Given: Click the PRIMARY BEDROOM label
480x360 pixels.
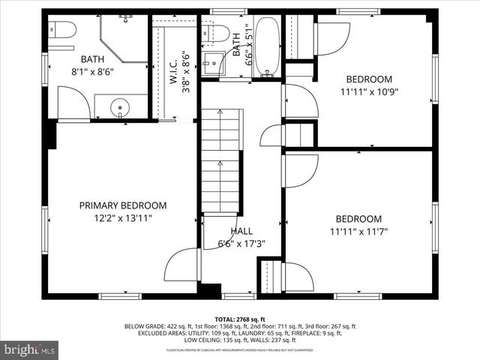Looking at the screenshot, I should (123, 205).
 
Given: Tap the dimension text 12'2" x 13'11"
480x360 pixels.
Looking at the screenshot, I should (123, 218).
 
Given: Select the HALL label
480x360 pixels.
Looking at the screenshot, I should (241, 232).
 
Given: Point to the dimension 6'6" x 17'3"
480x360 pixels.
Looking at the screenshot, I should (241, 244).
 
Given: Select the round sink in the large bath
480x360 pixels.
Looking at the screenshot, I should (120, 108).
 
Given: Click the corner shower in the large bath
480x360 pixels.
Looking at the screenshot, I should (124, 39).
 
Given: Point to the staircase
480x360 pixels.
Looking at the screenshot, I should (221, 161).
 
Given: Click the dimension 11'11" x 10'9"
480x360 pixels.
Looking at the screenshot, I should (368, 92).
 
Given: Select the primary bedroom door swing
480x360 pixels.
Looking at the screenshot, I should (182, 267).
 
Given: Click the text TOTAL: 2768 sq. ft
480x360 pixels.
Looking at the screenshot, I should (240, 319).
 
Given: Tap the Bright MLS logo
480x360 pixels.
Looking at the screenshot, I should (30, 349).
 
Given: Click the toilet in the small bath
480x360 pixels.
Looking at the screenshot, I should (217, 32).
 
